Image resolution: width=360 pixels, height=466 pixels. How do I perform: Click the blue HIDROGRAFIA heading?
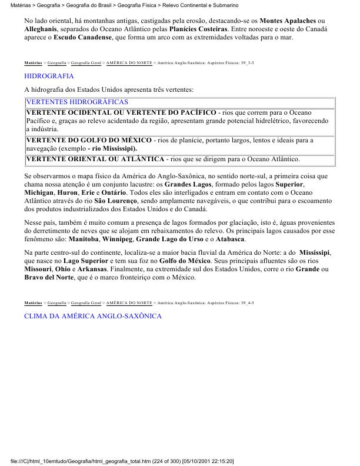pyautogui.click(x=49, y=76)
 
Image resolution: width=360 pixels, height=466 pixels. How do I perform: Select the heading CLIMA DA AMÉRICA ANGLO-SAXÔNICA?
pyautogui.click(x=92, y=316)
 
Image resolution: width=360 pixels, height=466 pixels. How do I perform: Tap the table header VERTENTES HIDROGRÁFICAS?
pyautogui.click(x=69, y=102)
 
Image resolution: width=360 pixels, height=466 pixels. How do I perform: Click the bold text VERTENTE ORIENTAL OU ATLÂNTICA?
pyautogui.click(x=95, y=159)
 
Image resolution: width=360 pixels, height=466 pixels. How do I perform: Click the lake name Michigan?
pyautogui.click(x=41, y=192)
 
